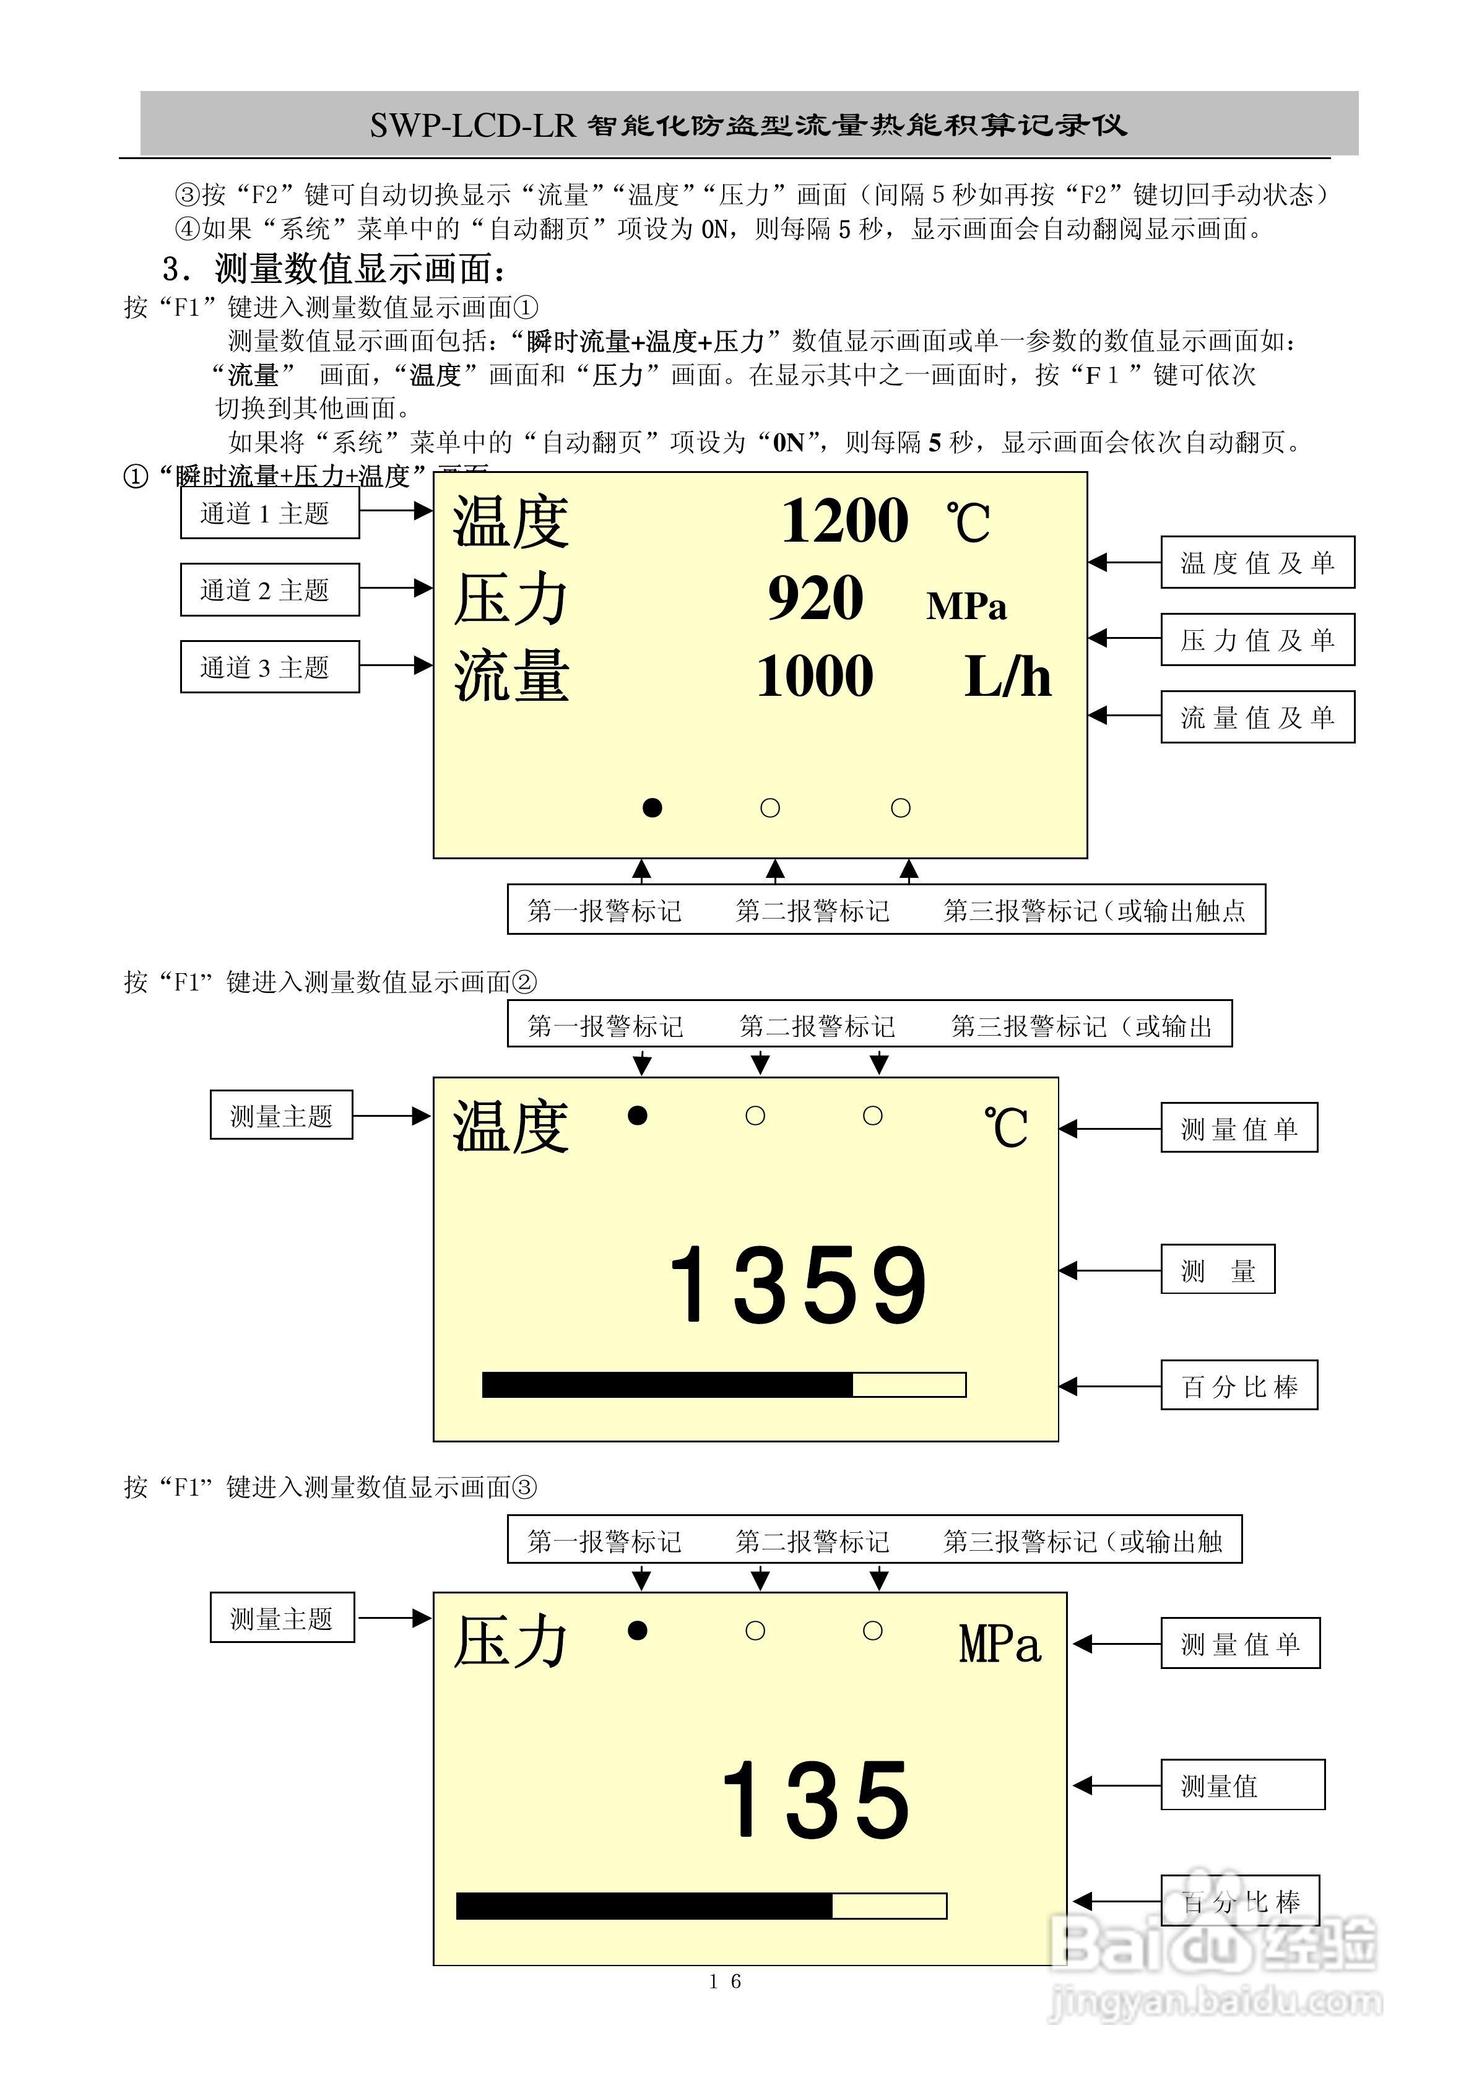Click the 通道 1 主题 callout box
tap(270, 513)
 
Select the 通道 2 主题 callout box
tap(270, 590)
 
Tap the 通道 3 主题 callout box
tap(270, 667)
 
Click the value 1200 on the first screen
tap(844, 521)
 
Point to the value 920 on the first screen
tap(815, 599)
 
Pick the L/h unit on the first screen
tap(1007, 677)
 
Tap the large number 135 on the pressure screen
tap(815, 1800)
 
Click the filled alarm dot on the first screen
tap(652, 807)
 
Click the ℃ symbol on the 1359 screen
tap(1005, 1129)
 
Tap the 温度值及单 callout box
tap(1257, 563)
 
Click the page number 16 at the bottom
tap(725, 1982)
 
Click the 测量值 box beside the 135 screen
tap(1241, 1785)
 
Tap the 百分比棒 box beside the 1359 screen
tap(1239, 1385)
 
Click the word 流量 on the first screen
tap(511, 677)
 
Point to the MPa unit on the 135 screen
tap(1000, 1645)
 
